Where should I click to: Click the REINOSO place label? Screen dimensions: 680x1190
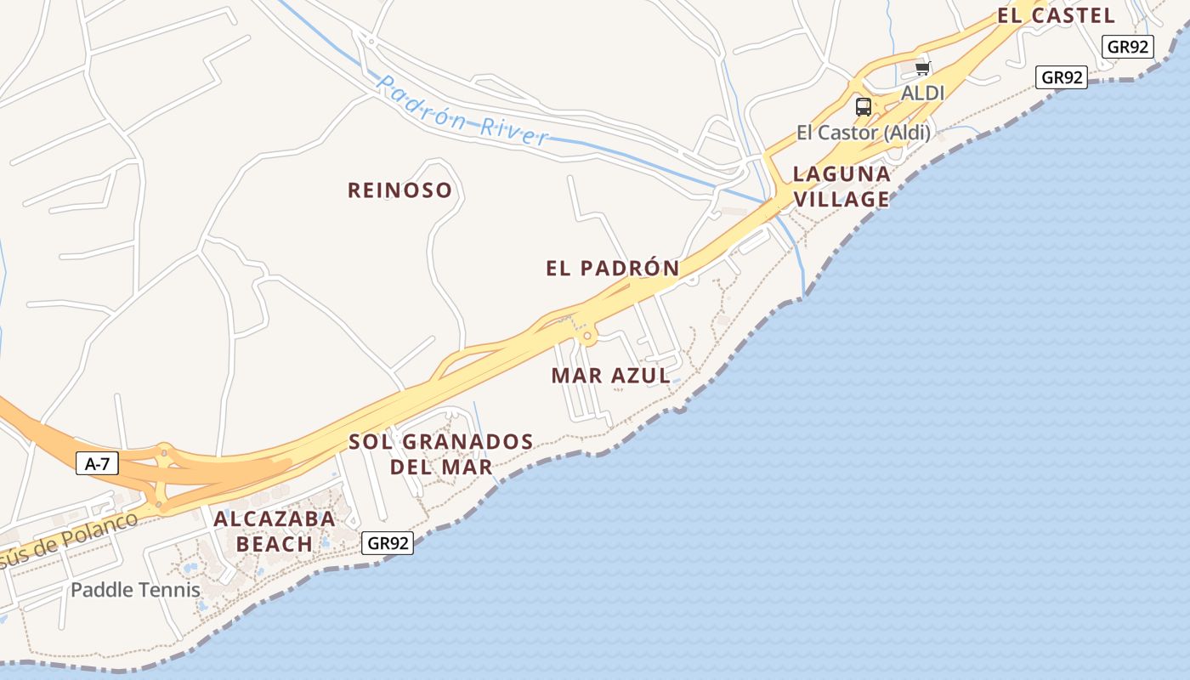tap(399, 190)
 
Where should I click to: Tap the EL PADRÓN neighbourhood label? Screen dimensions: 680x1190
tap(612, 269)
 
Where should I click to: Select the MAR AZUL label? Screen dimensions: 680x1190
tap(610, 376)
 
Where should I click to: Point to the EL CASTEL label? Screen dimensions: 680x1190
tap(1056, 15)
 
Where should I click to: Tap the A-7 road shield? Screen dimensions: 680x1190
tap(97, 463)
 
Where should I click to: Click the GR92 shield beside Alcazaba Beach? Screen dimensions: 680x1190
tap(388, 543)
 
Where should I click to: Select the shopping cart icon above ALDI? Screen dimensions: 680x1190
tap(922, 68)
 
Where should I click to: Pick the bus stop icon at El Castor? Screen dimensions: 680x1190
tap(863, 107)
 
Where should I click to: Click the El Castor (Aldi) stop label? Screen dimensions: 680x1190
tap(863, 133)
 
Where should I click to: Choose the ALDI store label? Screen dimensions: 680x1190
tap(922, 93)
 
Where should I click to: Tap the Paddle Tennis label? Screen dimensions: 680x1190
tap(135, 590)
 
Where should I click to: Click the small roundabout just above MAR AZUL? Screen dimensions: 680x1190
tap(586, 336)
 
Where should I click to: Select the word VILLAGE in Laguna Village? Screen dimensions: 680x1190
tap(841, 200)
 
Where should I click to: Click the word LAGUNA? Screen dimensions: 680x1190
tap(841, 174)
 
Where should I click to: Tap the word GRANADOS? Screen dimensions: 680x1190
tap(467, 442)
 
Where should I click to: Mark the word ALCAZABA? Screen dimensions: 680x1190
tap(274, 518)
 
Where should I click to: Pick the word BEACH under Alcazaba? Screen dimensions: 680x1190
tap(274, 544)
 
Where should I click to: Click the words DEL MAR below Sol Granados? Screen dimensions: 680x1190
tap(441, 467)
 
